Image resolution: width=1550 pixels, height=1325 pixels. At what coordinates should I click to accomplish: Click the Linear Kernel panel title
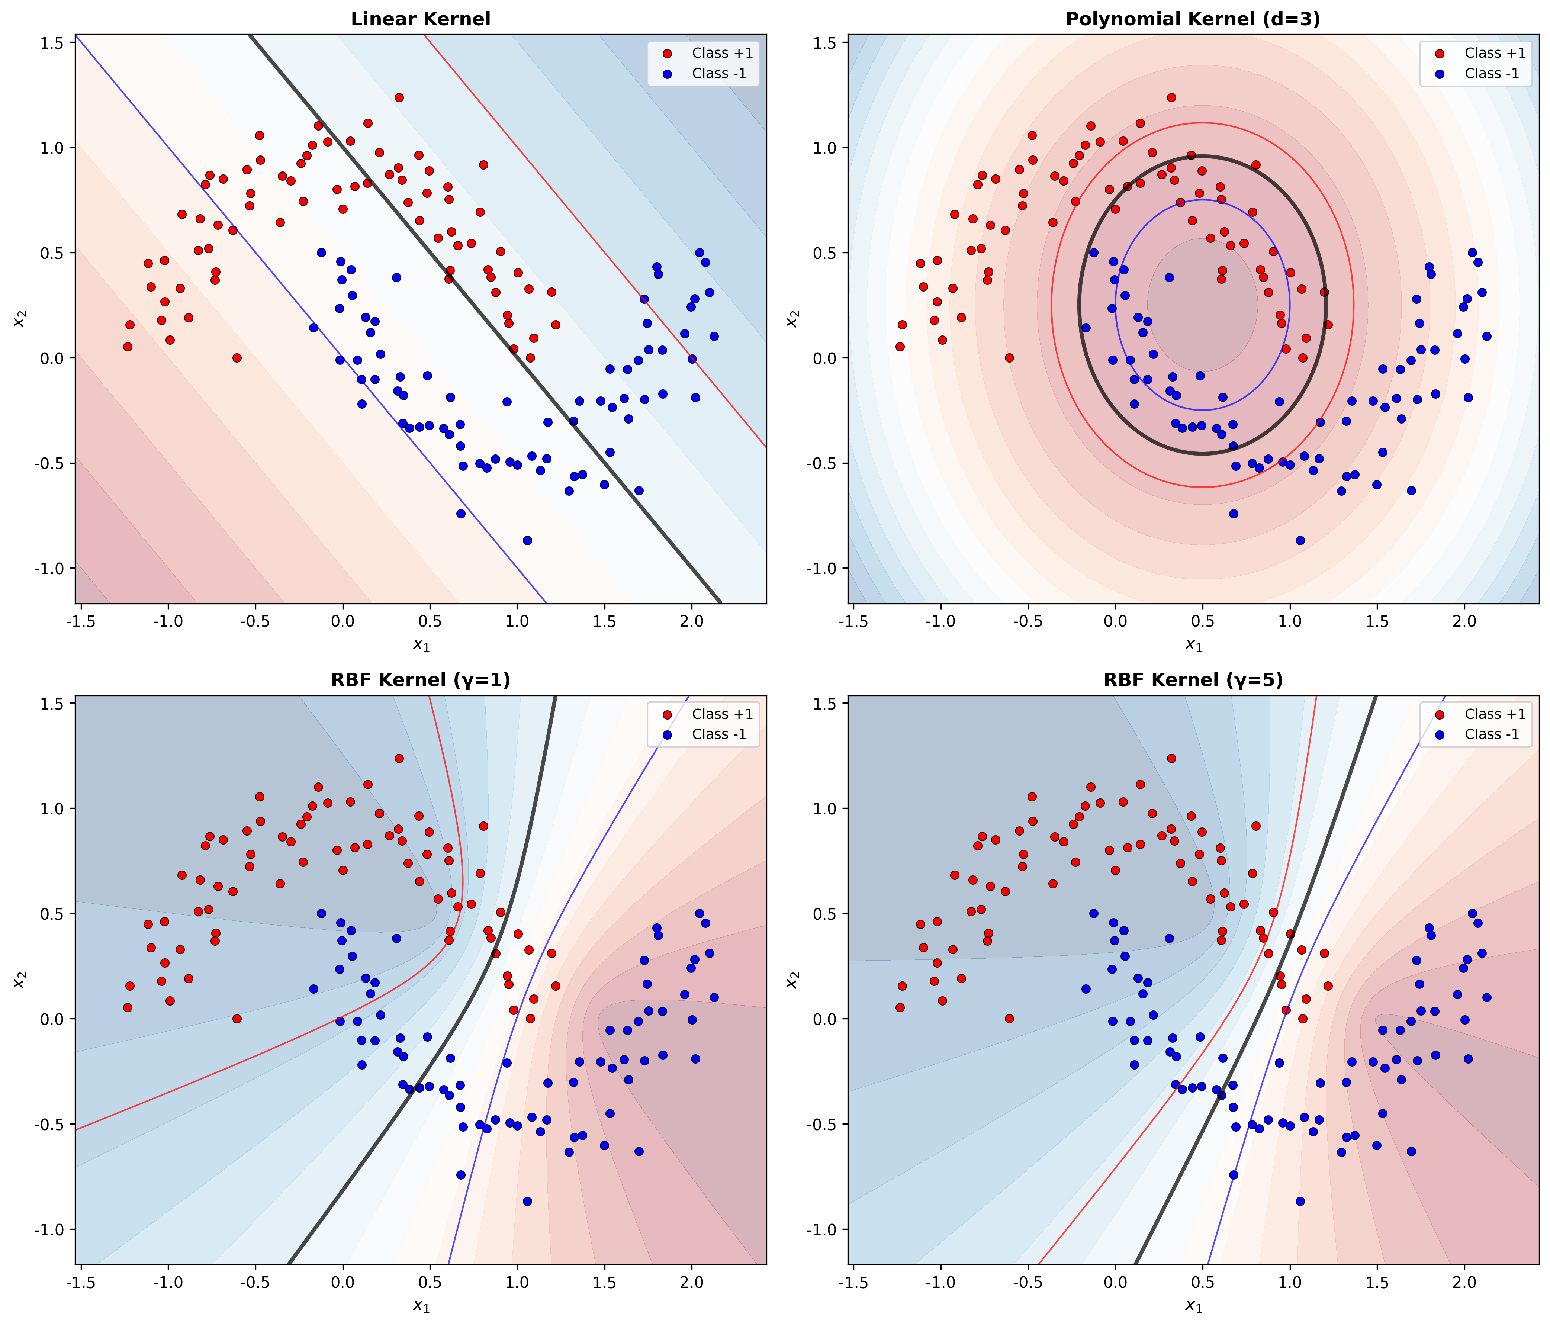click(x=421, y=19)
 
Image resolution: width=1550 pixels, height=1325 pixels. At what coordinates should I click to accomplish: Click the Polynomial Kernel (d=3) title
click(x=1192, y=19)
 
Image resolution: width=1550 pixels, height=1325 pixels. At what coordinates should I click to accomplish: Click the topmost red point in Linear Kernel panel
click(x=399, y=97)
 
